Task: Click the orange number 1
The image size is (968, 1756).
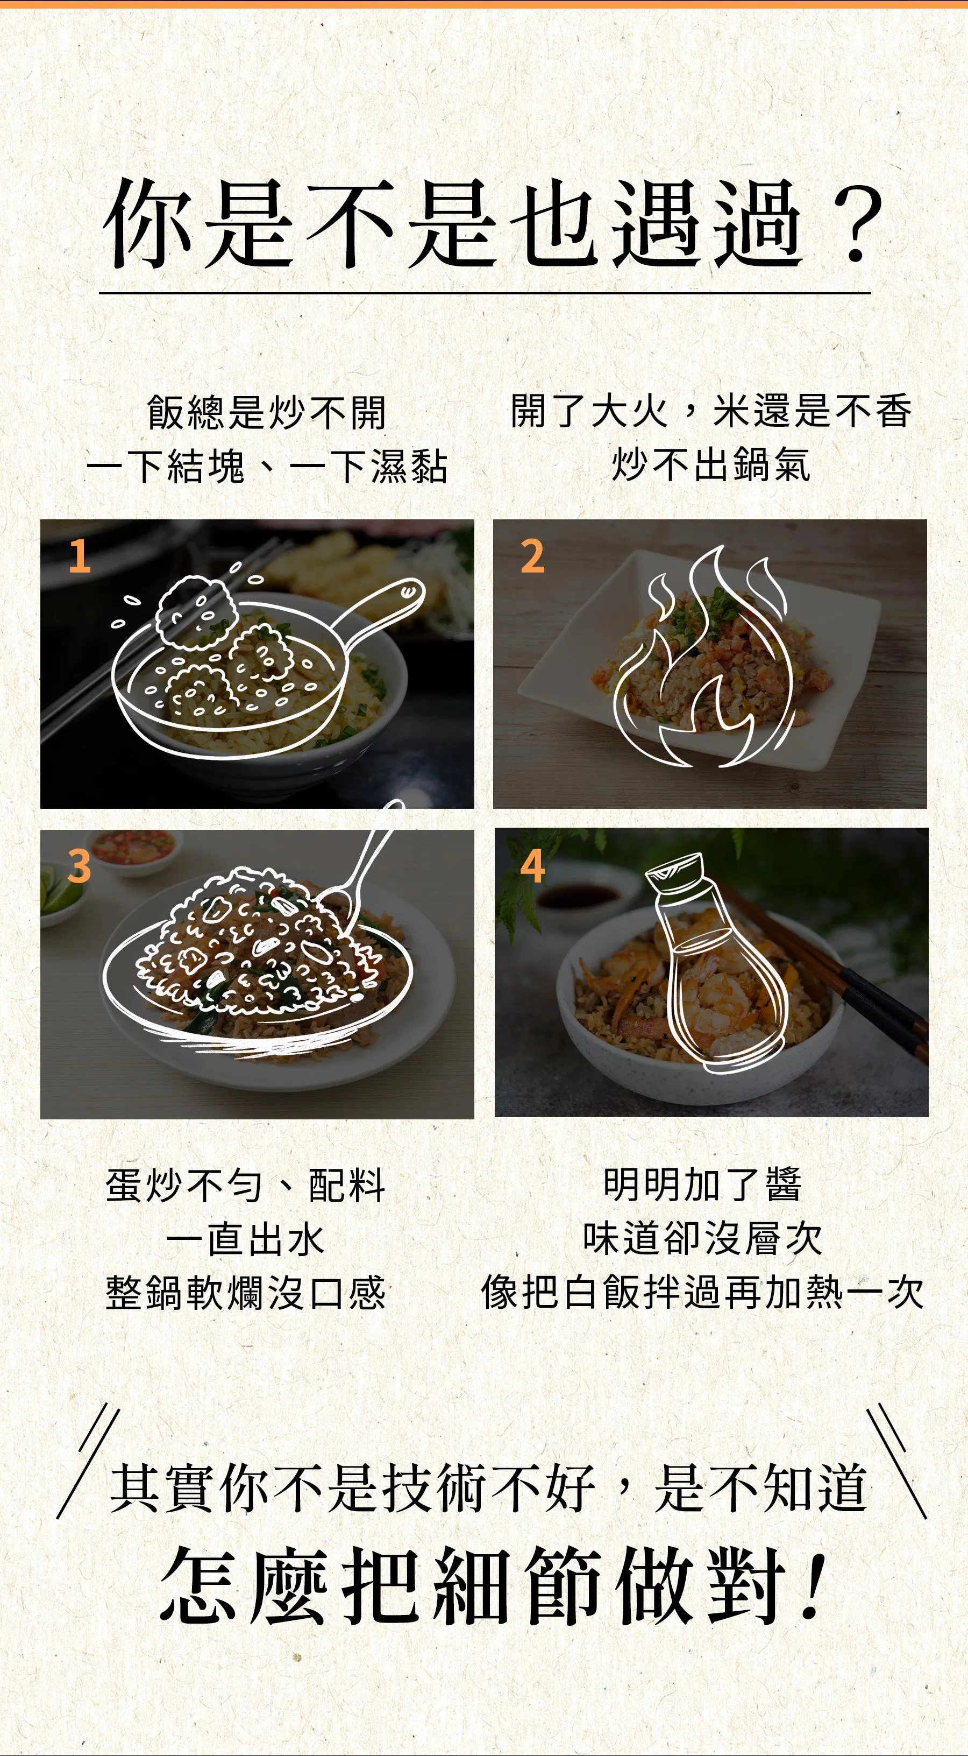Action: tap(80, 556)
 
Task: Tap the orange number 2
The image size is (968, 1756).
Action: tap(533, 556)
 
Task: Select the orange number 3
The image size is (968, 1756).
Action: tap(79, 866)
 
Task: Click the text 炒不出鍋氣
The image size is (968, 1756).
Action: tap(710, 466)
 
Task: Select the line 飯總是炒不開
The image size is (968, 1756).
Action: tap(266, 412)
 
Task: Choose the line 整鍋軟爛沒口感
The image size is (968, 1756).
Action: tap(245, 1293)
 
